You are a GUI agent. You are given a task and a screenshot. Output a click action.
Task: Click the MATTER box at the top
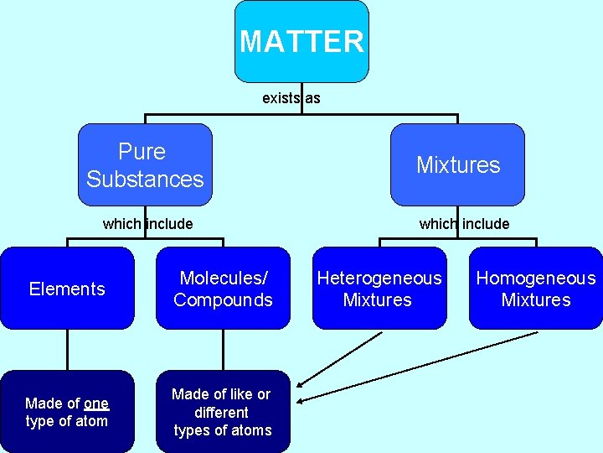tap(301, 41)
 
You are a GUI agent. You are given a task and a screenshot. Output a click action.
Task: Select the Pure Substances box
tap(145, 165)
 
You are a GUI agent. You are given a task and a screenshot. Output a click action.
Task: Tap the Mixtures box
tap(457, 165)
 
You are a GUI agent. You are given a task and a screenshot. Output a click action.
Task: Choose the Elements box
tap(67, 289)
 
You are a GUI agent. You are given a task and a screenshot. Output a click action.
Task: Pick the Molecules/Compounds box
tap(223, 289)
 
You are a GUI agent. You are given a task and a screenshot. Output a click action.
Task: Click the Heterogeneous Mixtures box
tap(379, 289)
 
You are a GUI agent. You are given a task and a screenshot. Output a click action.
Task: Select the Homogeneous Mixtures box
tap(535, 289)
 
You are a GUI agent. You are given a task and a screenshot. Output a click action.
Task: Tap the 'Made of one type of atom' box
tap(67, 412)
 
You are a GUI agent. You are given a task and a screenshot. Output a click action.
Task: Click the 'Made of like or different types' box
tap(223, 412)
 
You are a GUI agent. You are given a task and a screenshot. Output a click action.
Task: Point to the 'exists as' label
tap(291, 98)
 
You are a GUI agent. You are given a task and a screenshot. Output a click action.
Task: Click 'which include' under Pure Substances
tap(147, 224)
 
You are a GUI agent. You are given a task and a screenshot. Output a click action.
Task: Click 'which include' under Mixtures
tap(464, 224)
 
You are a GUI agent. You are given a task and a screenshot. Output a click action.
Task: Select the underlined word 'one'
tap(96, 404)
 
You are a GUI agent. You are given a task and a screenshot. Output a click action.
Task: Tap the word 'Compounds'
tap(223, 300)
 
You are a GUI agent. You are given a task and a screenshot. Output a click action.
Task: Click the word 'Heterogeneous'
tap(379, 279)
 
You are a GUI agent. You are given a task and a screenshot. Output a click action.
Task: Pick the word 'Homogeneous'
tap(535, 279)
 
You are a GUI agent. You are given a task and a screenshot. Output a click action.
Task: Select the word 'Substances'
tap(145, 180)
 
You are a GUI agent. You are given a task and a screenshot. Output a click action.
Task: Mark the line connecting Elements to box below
tap(67, 350)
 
